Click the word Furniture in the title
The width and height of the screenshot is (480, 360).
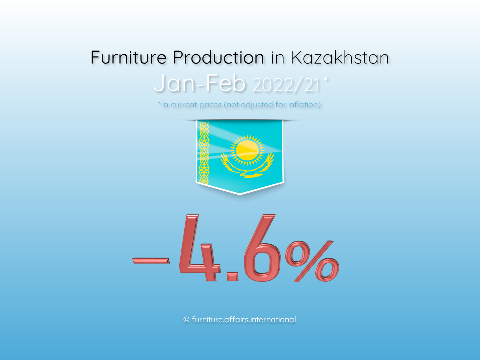[129, 57]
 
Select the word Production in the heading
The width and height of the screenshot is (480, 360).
[218, 57]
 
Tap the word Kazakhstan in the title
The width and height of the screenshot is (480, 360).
[340, 57]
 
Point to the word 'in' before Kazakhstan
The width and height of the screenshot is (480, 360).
[277, 58]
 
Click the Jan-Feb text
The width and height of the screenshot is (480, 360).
[199, 83]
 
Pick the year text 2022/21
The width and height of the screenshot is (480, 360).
[286, 85]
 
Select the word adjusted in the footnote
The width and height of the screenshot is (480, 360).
[256, 105]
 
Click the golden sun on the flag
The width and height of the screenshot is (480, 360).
[247, 150]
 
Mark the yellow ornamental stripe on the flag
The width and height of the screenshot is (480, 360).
[204, 153]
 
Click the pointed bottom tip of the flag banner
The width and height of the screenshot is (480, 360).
[239, 194]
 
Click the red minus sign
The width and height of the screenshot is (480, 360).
[151, 260]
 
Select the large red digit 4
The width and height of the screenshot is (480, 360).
[199, 248]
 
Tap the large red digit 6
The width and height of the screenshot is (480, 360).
[259, 248]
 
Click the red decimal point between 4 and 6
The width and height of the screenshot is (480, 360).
[232, 276]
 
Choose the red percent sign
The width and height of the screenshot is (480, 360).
[312, 261]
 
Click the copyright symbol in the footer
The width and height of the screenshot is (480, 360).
[186, 320]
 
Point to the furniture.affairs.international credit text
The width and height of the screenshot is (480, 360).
[243, 320]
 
